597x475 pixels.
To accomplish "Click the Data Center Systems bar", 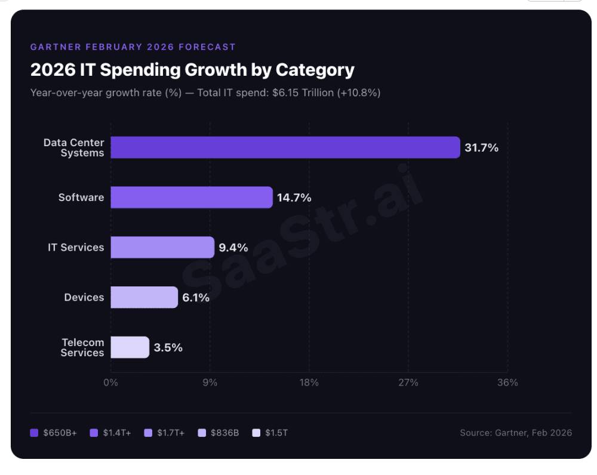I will [x=285, y=147].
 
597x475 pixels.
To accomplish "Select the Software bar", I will [x=192, y=198].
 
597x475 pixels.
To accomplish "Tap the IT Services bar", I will [x=162, y=247].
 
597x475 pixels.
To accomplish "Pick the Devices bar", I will [x=144, y=297].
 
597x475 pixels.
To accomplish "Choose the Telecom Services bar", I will [x=130, y=347].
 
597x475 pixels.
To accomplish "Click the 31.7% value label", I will [x=481, y=148].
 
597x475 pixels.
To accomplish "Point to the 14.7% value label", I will [x=294, y=198].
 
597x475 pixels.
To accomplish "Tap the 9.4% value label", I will [x=233, y=248].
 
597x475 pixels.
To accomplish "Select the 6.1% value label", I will [x=196, y=298].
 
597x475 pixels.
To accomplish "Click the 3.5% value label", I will [x=168, y=347].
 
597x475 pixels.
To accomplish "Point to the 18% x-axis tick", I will [x=309, y=383].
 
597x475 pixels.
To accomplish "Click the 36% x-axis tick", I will [x=507, y=383].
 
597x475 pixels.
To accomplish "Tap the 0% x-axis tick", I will [x=111, y=383].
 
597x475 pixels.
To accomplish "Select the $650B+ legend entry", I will [x=54, y=433].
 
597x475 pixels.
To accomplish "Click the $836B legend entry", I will [x=219, y=433].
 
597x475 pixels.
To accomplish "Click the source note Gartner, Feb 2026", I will [x=515, y=433].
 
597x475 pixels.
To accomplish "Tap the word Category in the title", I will [x=315, y=70].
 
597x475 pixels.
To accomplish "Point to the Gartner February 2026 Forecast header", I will [x=133, y=47].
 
